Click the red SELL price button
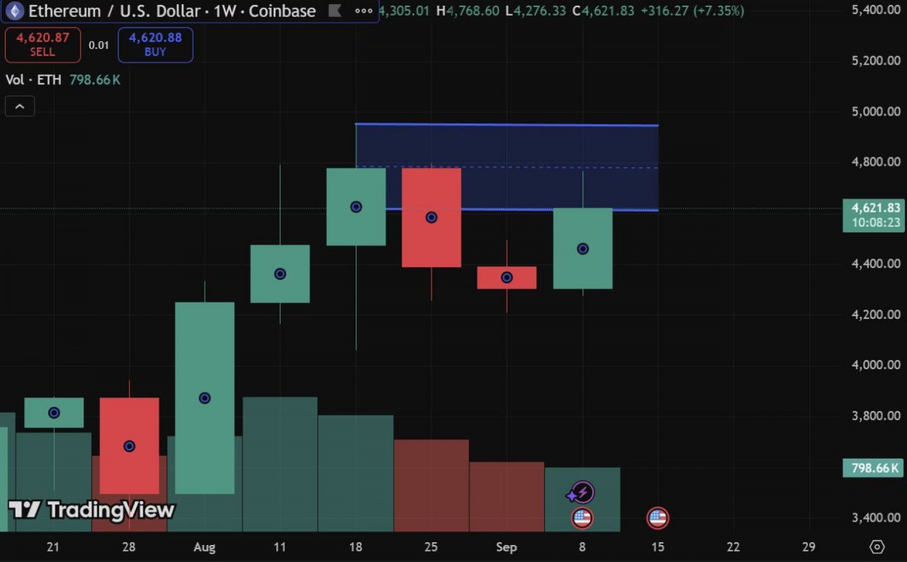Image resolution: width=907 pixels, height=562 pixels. (x=43, y=45)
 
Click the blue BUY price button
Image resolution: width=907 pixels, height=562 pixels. (x=155, y=45)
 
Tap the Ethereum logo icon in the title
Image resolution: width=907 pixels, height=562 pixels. (x=15, y=11)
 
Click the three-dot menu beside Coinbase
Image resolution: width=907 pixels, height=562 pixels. (x=363, y=11)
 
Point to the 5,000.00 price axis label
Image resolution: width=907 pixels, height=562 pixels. (x=875, y=111)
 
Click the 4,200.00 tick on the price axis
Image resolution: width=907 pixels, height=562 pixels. (x=875, y=315)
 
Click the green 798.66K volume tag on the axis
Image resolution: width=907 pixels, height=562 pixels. (x=874, y=468)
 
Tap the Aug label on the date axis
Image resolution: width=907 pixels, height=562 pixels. (x=205, y=547)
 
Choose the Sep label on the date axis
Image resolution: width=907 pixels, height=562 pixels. (x=506, y=547)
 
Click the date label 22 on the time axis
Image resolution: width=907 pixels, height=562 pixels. (x=733, y=547)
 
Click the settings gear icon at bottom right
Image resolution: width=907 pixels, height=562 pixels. (x=877, y=547)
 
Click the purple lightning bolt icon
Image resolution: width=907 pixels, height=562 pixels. (x=582, y=493)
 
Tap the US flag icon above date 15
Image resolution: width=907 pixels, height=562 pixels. (x=658, y=518)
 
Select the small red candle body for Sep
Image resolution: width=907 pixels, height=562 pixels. (x=506, y=278)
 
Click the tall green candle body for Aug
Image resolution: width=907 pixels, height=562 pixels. (x=205, y=398)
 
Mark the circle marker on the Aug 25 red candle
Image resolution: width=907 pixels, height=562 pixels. (x=431, y=217)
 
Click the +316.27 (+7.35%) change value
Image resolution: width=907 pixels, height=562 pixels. (x=692, y=10)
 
